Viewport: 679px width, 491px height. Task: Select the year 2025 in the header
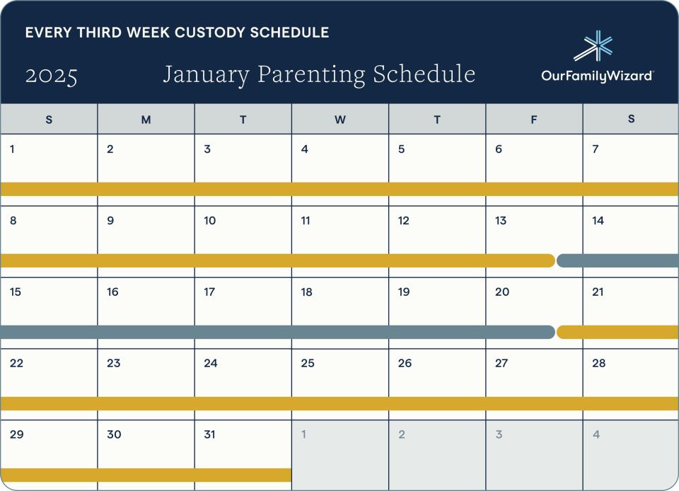coord(52,76)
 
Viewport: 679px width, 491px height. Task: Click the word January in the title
coord(206,74)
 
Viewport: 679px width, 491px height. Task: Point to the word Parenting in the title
coord(311,74)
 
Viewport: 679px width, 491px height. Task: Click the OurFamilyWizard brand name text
coord(597,76)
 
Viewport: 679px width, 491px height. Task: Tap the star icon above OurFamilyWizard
coord(593,46)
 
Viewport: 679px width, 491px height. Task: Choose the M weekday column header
coord(146,120)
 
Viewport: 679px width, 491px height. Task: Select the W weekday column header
coord(340,120)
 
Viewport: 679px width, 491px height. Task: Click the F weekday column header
coord(534,120)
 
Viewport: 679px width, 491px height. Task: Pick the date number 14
coord(598,221)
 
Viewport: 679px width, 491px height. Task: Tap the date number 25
coord(308,363)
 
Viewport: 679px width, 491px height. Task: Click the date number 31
coord(209,434)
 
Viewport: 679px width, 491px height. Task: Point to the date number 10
coord(209,221)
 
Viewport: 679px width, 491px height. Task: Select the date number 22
coord(16,363)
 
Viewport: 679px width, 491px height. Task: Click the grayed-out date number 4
coord(596,434)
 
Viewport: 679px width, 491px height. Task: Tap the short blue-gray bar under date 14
coord(618,260)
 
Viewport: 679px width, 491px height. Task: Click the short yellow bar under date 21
coord(618,332)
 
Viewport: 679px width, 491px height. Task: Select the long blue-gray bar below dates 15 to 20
coord(277,332)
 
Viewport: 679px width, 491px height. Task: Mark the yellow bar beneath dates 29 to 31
coord(146,475)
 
